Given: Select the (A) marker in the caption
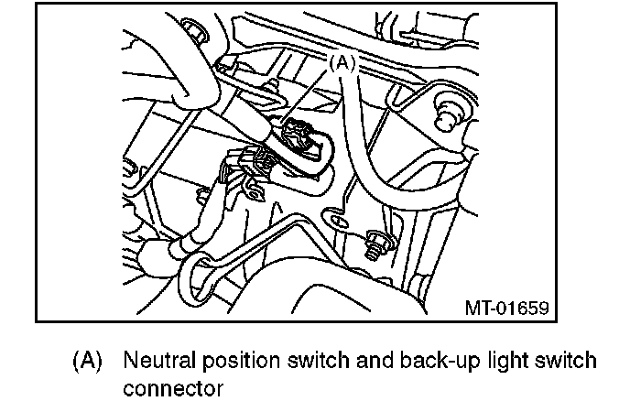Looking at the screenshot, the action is [86, 360].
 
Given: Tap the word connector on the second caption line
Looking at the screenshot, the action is [172, 387].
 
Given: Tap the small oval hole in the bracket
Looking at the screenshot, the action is [335, 222].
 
